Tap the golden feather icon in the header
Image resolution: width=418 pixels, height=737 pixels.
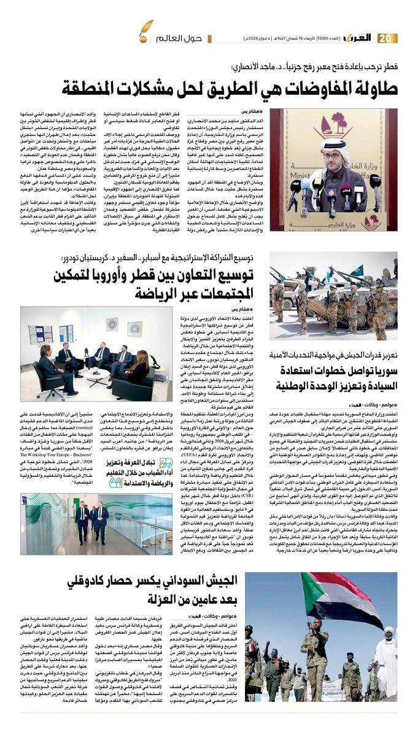point(145,28)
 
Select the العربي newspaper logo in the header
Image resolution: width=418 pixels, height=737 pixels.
point(357,38)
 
